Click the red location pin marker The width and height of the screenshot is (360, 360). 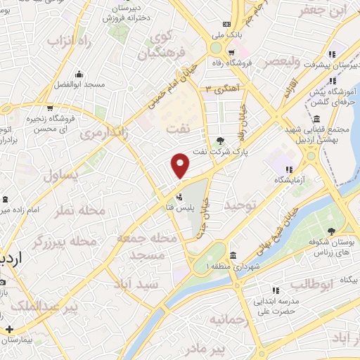[181, 165]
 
